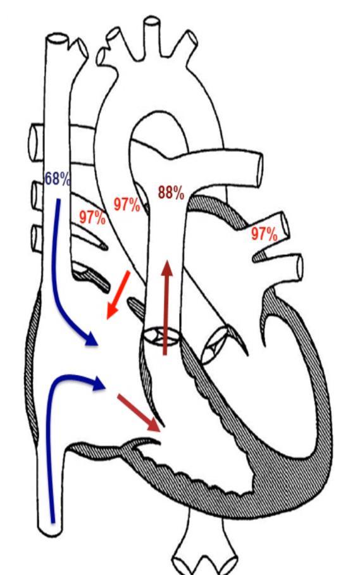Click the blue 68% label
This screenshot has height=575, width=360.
point(57,178)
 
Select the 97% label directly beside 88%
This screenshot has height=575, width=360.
point(127,204)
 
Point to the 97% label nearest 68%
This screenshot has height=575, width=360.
point(92,218)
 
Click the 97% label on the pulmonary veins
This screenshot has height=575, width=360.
point(264,233)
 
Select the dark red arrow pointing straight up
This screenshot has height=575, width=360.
point(167,307)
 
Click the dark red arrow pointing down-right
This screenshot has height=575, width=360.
point(139,413)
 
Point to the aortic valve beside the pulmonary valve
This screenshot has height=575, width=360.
point(216,345)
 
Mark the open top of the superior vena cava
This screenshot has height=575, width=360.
point(57,39)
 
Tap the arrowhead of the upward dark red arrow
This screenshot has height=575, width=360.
point(167,268)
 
